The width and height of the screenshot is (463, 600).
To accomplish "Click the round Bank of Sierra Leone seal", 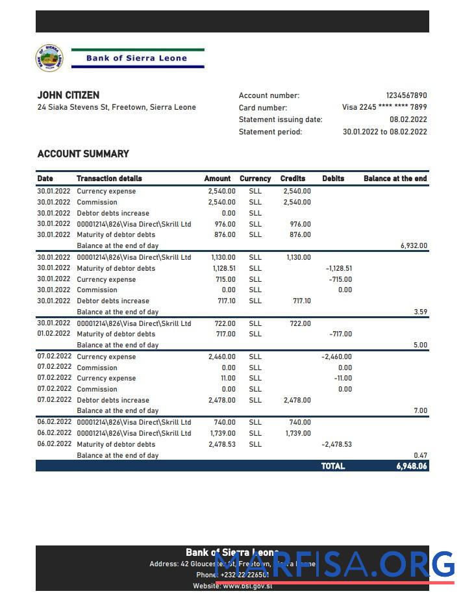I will [x=49, y=58].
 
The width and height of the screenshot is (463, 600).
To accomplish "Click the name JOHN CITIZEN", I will [x=68, y=95].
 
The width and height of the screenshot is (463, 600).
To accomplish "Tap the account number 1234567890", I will [x=407, y=95].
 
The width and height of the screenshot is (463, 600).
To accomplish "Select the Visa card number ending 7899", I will [x=384, y=108].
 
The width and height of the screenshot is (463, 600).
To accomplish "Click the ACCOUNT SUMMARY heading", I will [x=83, y=154].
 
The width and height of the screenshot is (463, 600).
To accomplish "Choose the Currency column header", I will [x=255, y=179].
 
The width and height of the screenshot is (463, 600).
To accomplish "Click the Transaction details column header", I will [x=109, y=179].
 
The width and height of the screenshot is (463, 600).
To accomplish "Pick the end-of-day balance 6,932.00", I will [x=414, y=246].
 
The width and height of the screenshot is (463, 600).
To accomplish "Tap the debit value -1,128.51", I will [x=338, y=268].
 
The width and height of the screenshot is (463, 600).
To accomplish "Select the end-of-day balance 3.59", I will [x=420, y=312].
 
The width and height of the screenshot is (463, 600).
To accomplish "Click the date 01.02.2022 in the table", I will [x=53, y=334].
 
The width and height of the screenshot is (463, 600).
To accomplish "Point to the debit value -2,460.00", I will [x=336, y=356].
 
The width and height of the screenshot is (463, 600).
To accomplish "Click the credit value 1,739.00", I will [x=298, y=433].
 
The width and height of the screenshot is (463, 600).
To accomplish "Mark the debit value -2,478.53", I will [x=336, y=445].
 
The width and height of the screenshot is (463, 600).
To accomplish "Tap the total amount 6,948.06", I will [x=412, y=466].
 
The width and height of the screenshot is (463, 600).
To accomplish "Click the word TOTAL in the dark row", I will [x=333, y=466].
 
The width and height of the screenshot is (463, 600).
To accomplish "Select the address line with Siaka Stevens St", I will [x=116, y=108].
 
